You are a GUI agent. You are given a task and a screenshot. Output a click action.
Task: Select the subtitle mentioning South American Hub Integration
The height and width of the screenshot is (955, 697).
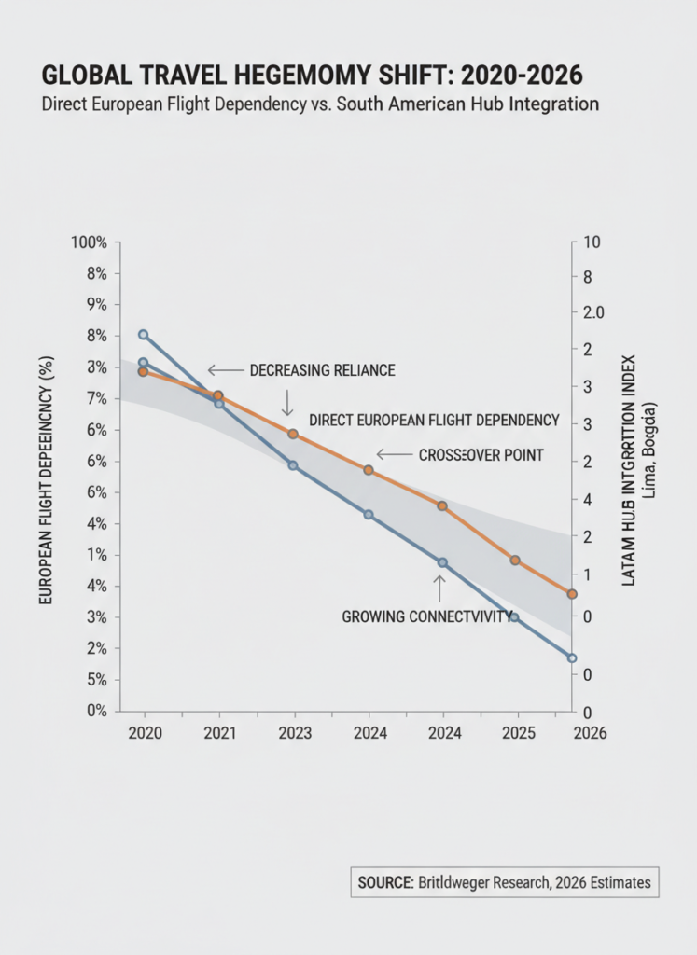point(320,104)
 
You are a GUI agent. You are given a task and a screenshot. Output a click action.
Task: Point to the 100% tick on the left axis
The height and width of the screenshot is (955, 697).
point(90,242)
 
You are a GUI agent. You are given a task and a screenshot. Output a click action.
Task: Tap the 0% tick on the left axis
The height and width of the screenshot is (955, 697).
point(96,711)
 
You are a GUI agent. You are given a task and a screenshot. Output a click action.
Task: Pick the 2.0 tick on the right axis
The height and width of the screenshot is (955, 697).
point(593,312)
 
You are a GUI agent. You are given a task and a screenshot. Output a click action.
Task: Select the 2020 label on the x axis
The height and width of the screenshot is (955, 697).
point(145,733)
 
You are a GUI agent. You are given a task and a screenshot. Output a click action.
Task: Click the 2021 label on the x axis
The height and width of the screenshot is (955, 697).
point(218,733)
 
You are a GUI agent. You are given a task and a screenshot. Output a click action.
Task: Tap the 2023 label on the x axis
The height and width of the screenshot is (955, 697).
point(293,733)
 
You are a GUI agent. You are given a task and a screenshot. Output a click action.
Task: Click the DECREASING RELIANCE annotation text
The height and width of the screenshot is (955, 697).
point(322,370)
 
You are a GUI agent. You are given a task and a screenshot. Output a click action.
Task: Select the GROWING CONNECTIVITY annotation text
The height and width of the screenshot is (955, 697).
point(427,616)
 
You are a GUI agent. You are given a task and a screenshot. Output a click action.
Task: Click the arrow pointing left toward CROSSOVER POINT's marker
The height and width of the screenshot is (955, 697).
point(394,454)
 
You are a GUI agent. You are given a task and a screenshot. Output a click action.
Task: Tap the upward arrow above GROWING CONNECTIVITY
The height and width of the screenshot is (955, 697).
point(439,588)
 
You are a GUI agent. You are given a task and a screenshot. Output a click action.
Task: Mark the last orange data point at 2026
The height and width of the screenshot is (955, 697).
point(572,594)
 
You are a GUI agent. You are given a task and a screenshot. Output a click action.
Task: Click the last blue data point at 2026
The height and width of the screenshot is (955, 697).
point(572,658)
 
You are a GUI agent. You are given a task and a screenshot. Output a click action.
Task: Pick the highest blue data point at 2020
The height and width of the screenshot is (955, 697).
point(144,335)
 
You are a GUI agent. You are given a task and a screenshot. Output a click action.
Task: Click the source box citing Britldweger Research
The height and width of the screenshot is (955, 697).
point(504,881)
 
